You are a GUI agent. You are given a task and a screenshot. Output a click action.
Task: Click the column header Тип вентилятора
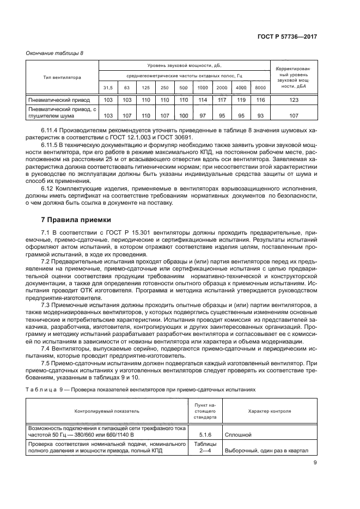[62, 77]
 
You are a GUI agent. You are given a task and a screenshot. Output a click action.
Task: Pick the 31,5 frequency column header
[108, 88]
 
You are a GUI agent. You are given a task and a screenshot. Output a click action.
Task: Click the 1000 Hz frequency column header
[203, 88]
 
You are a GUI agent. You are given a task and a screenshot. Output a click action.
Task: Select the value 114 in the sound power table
[203, 100]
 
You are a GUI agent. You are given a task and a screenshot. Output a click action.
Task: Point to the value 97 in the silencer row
[203, 115]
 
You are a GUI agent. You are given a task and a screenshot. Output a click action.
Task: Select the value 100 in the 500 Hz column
[184, 115]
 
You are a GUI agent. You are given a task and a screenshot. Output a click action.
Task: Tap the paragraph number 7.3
[46, 306]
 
